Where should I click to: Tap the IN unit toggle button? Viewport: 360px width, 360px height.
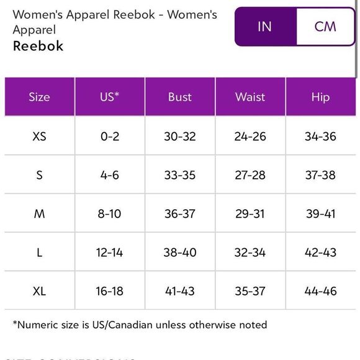[264, 26]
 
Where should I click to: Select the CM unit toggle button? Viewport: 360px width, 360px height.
[325, 26]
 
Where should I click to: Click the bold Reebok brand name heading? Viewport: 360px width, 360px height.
[38, 47]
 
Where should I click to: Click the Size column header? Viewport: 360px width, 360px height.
[39, 97]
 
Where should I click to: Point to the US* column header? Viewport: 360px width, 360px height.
[110, 97]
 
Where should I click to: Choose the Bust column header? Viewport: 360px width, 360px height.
[180, 97]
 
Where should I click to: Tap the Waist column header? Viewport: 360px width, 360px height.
[250, 97]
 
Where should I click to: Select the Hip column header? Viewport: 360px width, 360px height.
[320, 97]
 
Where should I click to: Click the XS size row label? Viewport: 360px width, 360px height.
[39, 137]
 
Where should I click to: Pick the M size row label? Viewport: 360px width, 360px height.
[39, 214]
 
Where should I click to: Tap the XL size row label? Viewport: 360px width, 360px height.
[39, 290]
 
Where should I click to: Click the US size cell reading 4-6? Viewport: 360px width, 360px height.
[110, 175]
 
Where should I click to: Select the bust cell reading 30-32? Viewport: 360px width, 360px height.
[180, 137]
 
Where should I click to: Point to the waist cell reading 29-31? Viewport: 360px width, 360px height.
[250, 214]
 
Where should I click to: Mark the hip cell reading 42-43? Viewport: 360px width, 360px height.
[320, 252]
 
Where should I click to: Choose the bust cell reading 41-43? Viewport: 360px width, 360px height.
[180, 290]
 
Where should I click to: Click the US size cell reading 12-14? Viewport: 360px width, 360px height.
[110, 252]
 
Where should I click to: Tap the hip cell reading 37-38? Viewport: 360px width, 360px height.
[320, 175]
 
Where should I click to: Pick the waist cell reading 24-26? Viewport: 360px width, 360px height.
[250, 137]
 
